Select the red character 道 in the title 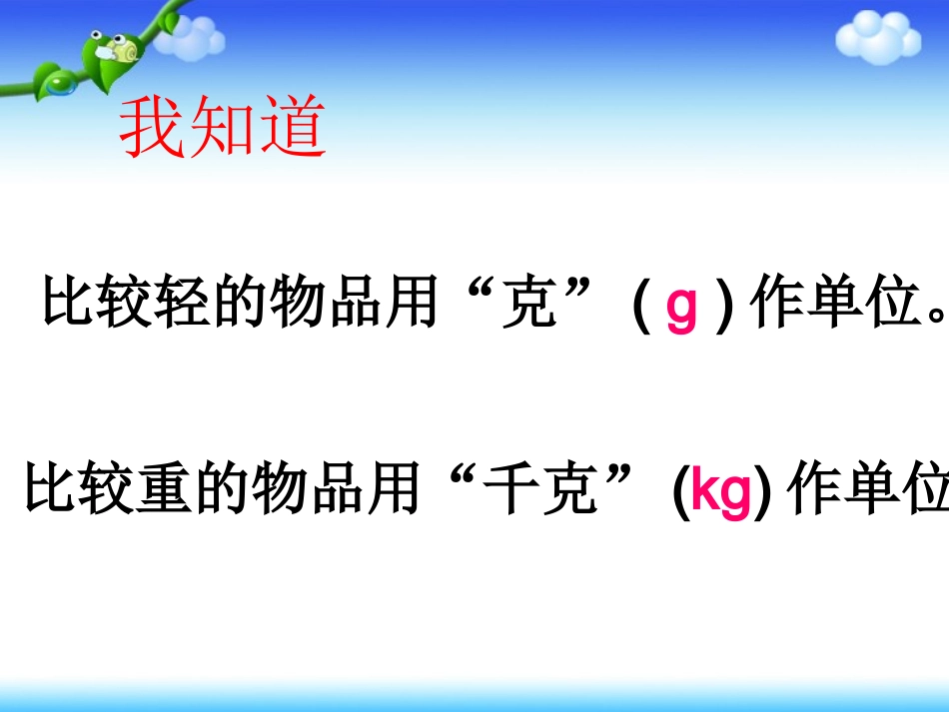pyautogui.click(x=292, y=130)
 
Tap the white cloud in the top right pyautogui.click(x=875, y=38)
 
